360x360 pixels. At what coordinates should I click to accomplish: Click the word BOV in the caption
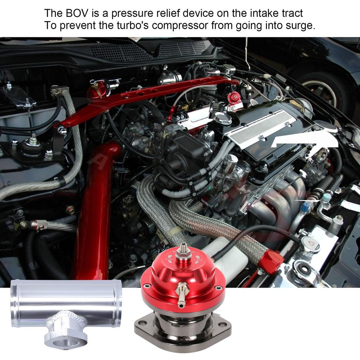pyautogui.click(x=74, y=14)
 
